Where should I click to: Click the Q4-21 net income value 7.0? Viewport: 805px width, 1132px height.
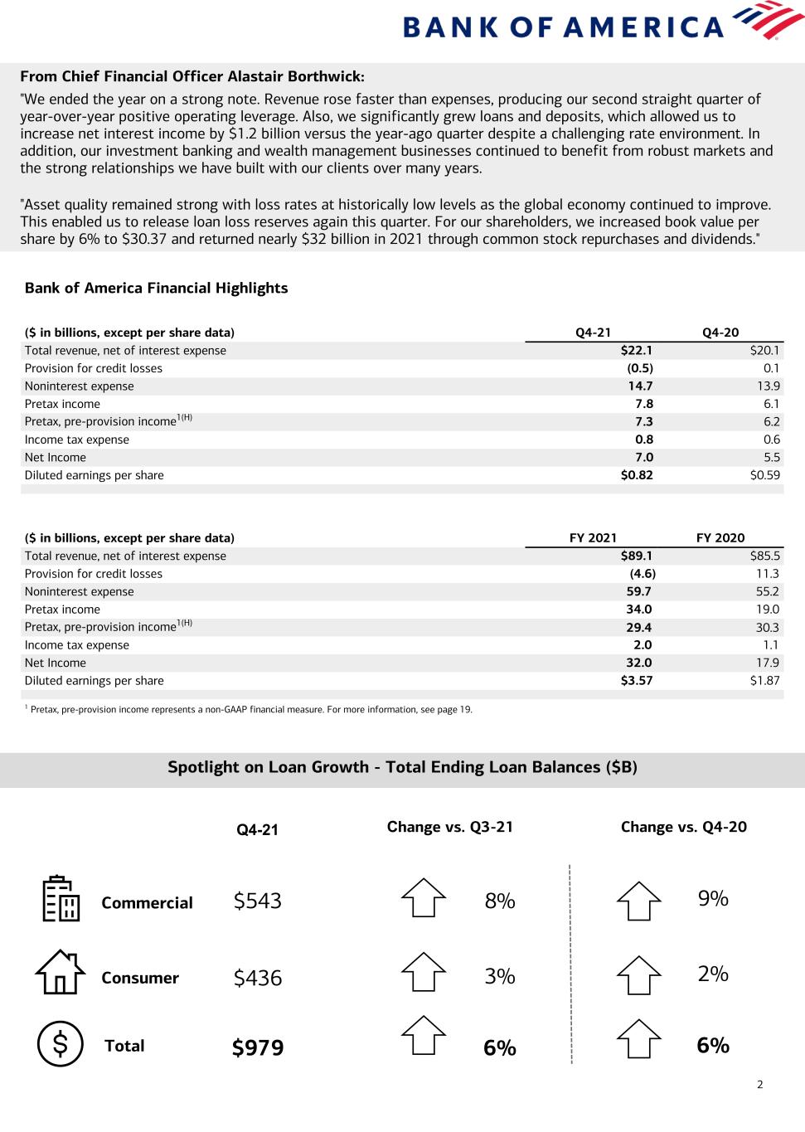(x=644, y=457)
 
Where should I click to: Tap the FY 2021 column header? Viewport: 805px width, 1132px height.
(x=593, y=537)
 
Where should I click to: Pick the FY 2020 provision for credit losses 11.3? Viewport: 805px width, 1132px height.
(x=767, y=574)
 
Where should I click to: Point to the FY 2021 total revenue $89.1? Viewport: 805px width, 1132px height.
(x=637, y=556)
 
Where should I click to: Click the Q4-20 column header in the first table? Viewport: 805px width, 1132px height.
(x=720, y=333)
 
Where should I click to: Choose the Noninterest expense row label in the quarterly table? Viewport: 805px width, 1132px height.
(x=79, y=386)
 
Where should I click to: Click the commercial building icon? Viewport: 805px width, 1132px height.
(x=61, y=899)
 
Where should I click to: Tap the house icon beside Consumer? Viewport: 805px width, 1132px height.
(x=60, y=972)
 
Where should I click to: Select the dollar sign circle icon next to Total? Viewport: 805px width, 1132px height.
(x=61, y=1043)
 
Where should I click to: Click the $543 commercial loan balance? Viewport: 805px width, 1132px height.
(x=258, y=901)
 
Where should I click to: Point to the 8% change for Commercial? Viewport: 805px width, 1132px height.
(x=500, y=901)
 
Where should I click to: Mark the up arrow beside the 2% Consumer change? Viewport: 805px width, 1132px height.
(x=638, y=975)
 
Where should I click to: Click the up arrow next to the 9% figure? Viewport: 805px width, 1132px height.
(x=638, y=900)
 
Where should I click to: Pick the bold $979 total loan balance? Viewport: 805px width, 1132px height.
(x=258, y=1048)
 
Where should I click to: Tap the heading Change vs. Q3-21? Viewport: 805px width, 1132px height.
(x=450, y=827)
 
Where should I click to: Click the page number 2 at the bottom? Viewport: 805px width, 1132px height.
(x=759, y=1084)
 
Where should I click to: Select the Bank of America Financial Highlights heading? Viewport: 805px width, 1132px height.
(x=156, y=288)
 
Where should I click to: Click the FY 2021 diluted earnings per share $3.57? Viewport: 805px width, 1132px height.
(x=637, y=681)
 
